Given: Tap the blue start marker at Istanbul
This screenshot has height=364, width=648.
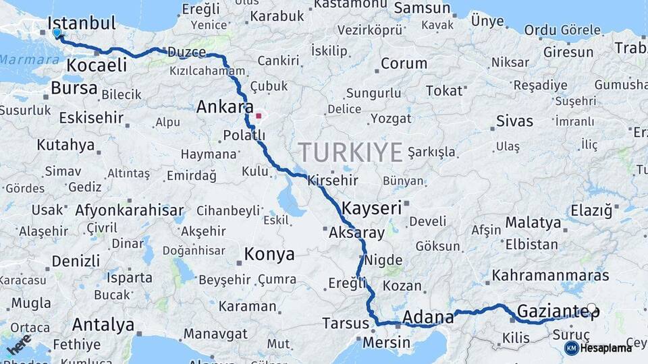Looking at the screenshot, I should [x=57, y=32].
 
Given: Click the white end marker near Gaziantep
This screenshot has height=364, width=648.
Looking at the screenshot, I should [x=592, y=309].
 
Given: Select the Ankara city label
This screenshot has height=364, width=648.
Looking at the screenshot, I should [x=225, y=107].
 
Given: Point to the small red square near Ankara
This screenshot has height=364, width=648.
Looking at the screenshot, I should [x=258, y=115].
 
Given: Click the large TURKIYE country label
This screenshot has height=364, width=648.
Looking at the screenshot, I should [x=351, y=152].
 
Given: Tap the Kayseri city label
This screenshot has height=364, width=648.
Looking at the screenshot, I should [x=372, y=207].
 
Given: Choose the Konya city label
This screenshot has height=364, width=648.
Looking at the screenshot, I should [x=269, y=255].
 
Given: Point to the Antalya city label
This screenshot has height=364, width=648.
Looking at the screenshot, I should [x=103, y=325].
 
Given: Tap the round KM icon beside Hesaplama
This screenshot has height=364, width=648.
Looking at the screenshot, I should [x=571, y=348].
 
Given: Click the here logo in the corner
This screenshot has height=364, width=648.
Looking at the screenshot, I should [x=18, y=344].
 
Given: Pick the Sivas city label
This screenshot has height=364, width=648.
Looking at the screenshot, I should [x=514, y=122].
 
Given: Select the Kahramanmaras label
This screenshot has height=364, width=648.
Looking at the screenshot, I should [x=550, y=276].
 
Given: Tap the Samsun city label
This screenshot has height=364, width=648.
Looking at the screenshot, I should [x=422, y=8].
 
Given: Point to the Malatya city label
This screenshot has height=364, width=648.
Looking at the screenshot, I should [x=533, y=222].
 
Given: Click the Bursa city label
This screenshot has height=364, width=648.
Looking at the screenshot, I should [x=74, y=89].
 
